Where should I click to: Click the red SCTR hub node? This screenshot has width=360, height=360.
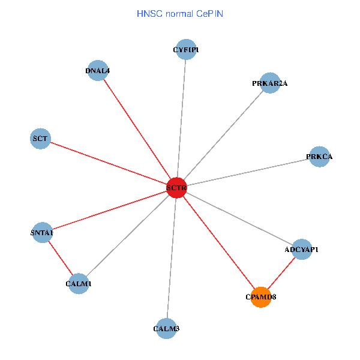176,188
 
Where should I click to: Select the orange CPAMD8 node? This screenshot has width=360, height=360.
261,297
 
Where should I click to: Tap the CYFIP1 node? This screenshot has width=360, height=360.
186,50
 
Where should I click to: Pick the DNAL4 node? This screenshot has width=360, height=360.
98,71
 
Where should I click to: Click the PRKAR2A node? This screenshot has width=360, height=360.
270,83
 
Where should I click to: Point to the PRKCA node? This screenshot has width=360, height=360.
319,157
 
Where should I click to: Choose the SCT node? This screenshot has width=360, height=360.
40,139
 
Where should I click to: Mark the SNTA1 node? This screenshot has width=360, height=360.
42,232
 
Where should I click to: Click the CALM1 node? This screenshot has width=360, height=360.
79,283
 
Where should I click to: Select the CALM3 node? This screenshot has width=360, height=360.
166,328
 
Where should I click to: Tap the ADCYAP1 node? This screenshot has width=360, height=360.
301,249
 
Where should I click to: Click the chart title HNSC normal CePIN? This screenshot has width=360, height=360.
180,13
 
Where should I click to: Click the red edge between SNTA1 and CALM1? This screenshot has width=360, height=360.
60,257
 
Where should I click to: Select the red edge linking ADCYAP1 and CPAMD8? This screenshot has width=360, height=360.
281,273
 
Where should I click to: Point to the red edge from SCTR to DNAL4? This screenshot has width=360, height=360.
137,129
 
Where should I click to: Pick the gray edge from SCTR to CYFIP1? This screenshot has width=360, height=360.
181,119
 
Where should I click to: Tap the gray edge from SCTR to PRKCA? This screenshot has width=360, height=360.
247,172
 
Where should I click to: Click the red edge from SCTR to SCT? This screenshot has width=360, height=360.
108,163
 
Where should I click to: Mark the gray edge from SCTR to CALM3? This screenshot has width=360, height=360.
172,258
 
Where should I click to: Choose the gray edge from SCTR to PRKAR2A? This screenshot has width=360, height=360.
223,136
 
